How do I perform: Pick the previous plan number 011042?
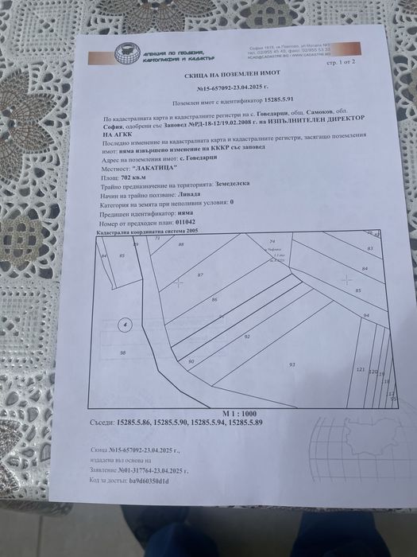[204, 225]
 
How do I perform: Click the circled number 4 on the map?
[124, 325]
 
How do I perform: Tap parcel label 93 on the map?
[292, 364]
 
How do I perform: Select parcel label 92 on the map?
[247, 337]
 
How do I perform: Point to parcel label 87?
[200, 275]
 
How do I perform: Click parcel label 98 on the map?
[122, 353]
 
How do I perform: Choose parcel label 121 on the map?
[360, 371]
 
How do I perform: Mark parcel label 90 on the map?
[191, 362]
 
